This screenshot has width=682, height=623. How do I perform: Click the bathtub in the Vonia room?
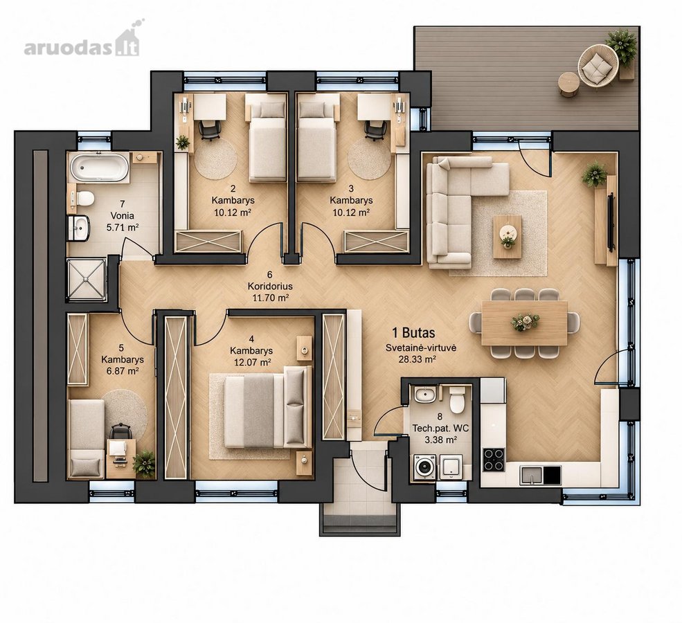point(99,167)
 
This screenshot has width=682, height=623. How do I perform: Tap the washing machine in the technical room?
point(424,467)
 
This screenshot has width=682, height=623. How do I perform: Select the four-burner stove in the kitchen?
point(494,460)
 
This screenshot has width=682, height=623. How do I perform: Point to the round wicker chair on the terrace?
point(598,66)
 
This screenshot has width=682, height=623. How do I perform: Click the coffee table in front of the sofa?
point(507,237)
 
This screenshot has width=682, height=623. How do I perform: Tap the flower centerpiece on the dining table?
point(525,322)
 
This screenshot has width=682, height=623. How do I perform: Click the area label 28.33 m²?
point(418,359)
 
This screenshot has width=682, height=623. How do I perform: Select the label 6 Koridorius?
point(270,280)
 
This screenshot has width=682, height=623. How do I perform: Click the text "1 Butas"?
point(413,333)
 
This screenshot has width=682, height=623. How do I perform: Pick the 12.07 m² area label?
point(253,362)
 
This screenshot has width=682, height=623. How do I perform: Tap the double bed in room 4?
point(268,406)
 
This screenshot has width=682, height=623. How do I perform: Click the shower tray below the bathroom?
point(86,280)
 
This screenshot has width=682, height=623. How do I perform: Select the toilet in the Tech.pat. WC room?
point(457,400)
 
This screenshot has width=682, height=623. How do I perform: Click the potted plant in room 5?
point(144,464)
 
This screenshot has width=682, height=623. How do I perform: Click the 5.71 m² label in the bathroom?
point(123,227)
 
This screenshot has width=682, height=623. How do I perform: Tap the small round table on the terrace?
point(568,83)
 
